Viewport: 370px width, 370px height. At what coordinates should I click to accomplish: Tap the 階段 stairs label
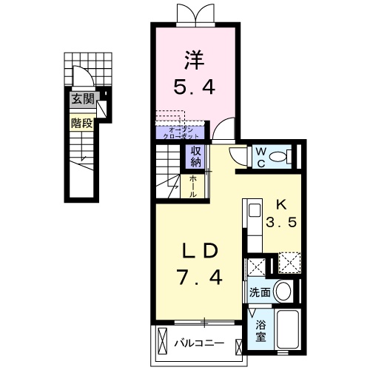tap(81, 124)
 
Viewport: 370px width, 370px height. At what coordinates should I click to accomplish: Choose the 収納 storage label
tap(196, 156)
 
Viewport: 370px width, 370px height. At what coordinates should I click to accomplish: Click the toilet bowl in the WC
tap(279, 156)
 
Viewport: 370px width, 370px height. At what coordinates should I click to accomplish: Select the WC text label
tap(260, 156)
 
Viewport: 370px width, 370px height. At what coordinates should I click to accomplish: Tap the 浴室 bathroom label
tap(261, 329)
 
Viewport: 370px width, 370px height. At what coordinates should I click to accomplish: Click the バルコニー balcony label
tap(198, 343)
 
